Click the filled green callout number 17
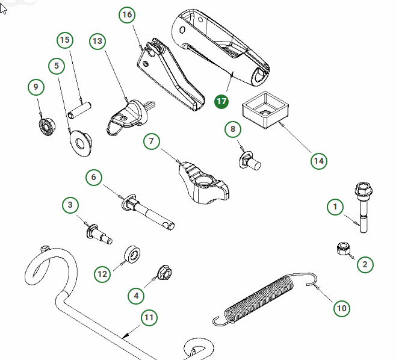(x=221, y=102)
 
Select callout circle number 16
(x=127, y=14)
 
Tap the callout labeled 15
(x=65, y=40)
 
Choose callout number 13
(x=97, y=41)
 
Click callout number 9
(x=36, y=87)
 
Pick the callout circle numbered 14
(x=319, y=161)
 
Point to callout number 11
(x=149, y=317)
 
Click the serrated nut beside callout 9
(x=47, y=126)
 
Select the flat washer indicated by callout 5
(x=81, y=143)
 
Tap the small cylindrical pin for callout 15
(x=79, y=110)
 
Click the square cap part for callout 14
(x=265, y=110)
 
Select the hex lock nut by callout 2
(x=344, y=249)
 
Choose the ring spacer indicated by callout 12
(x=132, y=254)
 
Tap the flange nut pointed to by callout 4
(x=164, y=272)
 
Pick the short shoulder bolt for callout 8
(x=250, y=161)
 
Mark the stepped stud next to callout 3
(x=99, y=234)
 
